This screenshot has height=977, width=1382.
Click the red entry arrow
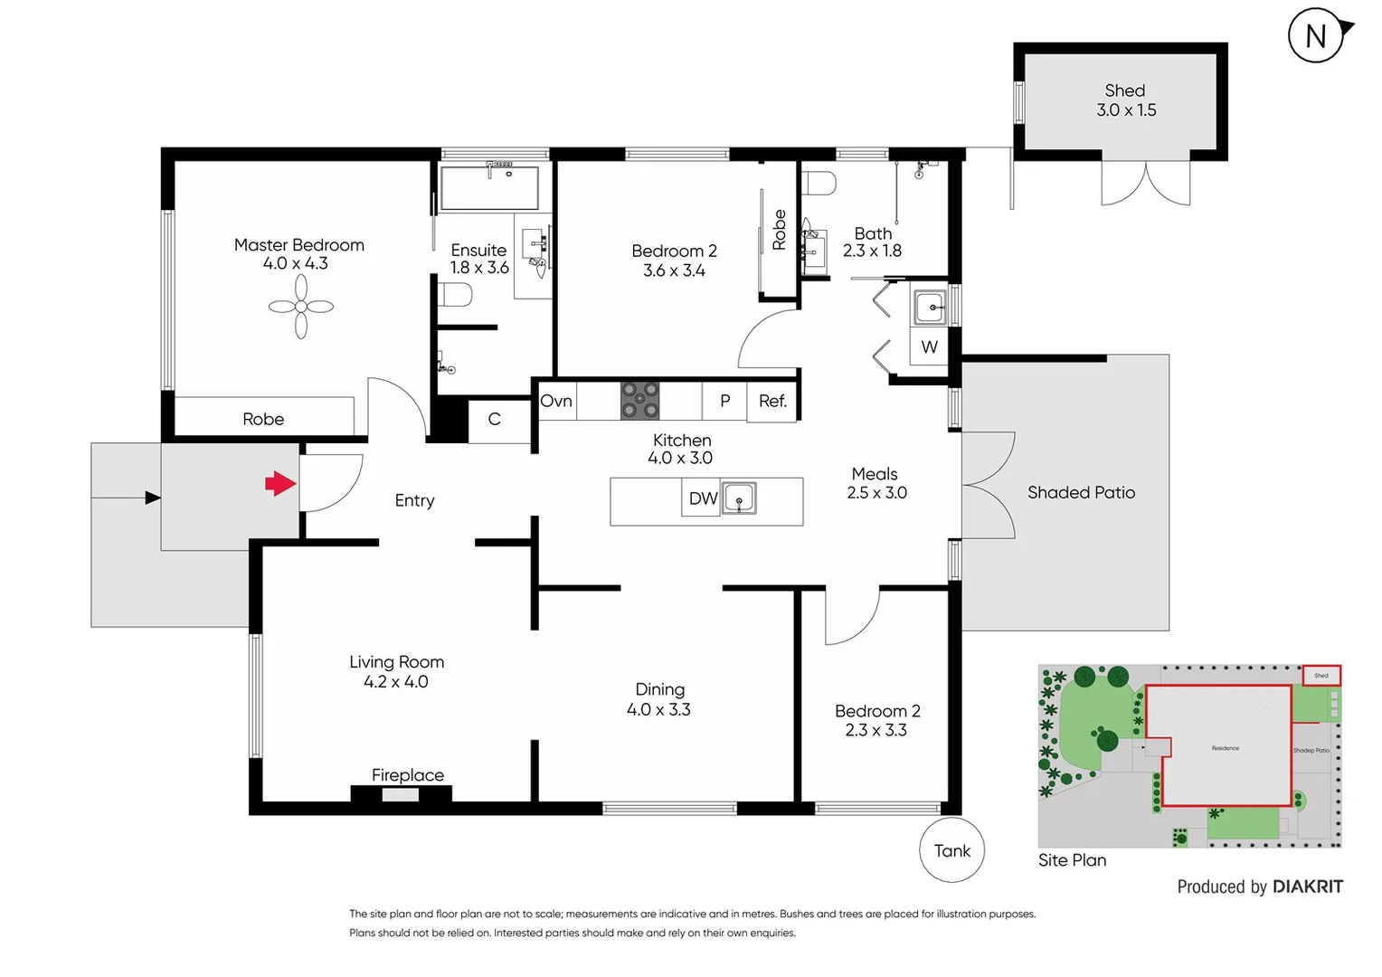pyautogui.click(x=280, y=484)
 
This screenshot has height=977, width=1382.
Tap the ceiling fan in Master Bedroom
pyautogui.click(x=301, y=307)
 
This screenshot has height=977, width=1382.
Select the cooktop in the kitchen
pyautogui.click(x=639, y=400)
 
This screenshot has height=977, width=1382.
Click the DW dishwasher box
pyautogui.click(x=702, y=498)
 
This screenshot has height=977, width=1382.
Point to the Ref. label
pyautogui.click(x=772, y=401)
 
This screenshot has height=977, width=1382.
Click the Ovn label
pyautogui.click(x=556, y=401)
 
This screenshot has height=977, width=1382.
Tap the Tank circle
pyautogui.click(x=951, y=850)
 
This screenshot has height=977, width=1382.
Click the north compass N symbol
pyautogui.click(x=1316, y=36)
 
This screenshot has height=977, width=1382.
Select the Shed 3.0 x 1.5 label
pyautogui.click(x=1126, y=100)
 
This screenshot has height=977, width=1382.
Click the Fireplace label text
pyautogui.click(x=408, y=775)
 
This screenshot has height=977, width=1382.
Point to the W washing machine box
pyautogui.click(x=929, y=346)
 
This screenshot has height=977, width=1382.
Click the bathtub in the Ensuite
pyautogui.click(x=489, y=187)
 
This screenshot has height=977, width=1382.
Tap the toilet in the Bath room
pyautogui.click(x=819, y=184)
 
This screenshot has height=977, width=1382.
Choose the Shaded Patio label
pyautogui.click(x=1081, y=492)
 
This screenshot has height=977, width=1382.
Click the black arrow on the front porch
pyautogui.click(x=152, y=498)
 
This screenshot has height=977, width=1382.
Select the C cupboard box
pyautogui.click(x=494, y=420)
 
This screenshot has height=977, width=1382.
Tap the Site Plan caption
pyautogui.click(x=1072, y=860)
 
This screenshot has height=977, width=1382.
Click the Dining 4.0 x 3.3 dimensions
pyautogui.click(x=658, y=710)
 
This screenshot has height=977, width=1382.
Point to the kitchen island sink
pyautogui.click(x=739, y=498)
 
